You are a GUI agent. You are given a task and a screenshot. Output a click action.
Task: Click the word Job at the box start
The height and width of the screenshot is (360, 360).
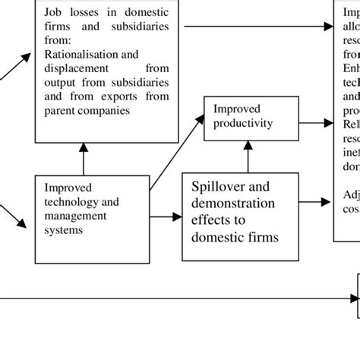[53, 12]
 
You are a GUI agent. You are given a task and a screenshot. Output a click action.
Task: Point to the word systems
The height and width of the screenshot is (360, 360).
[63, 229]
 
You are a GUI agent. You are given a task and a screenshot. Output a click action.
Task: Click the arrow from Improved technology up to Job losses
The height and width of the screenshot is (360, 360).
[84, 159]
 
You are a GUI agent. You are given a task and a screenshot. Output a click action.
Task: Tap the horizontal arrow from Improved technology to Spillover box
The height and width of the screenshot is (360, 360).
[166, 216]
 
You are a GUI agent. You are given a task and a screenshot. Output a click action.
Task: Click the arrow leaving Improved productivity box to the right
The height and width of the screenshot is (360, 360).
[315, 121]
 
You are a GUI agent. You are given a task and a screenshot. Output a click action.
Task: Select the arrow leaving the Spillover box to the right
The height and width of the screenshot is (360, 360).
[315, 202]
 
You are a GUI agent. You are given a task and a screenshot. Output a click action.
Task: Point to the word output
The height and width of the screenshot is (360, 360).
[60, 82]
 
